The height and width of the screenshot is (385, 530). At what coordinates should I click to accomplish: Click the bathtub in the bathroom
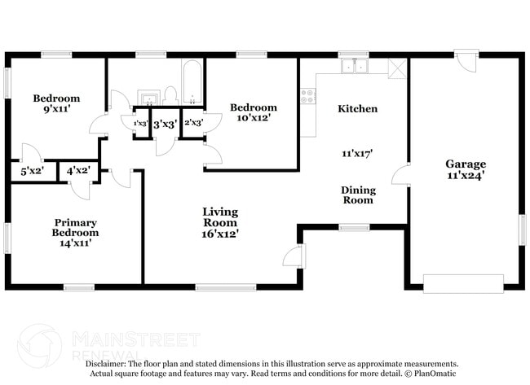click(192, 84)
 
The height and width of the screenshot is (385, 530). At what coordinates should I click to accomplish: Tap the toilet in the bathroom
click(170, 96)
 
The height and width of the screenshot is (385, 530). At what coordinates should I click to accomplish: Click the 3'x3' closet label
click(165, 125)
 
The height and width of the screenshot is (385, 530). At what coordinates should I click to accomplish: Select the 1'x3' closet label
click(140, 124)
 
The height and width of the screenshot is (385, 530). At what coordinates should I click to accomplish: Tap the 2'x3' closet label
click(193, 124)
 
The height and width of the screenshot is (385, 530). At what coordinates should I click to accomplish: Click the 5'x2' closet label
click(32, 171)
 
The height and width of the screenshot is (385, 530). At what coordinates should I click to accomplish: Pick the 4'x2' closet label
click(78, 171)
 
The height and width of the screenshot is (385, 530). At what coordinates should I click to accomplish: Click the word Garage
click(466, 164)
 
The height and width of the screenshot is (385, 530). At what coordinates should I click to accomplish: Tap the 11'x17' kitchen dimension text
click(357, 152)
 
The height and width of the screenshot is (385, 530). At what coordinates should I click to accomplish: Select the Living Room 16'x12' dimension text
click(220, 233)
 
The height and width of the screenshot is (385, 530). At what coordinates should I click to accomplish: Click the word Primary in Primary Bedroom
click(76, 222)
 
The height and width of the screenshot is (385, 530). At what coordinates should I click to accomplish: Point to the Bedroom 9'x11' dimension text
click(55, 109)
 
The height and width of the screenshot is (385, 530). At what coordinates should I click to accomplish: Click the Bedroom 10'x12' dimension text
click(253, 118)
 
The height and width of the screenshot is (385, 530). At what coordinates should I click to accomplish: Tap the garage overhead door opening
click(463, 283)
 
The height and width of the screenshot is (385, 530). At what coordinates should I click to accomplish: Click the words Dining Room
click(358, 195)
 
